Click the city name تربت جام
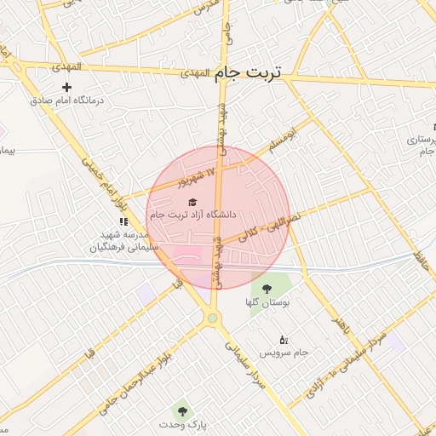tap(246, 73)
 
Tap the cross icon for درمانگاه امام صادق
tap(67, 87)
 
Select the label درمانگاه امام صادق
tap(67, 100)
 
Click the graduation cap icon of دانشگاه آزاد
tap(192, 202)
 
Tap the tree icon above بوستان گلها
tap(267, 290)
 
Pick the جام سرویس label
tap(283, 353)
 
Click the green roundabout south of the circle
tap(212, 318)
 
